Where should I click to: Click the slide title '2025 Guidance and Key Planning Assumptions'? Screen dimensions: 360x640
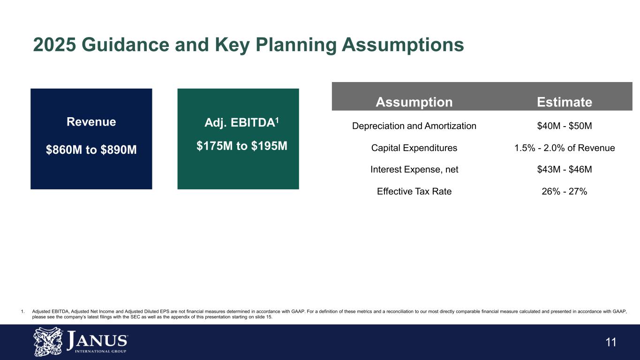click(x=248, y=45)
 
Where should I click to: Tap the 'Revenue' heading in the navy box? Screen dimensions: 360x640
click(x=91, y=122)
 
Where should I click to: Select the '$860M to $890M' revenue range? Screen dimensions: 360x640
click(x=91, y=150)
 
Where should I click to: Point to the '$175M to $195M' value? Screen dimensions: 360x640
click(x=241, y=146)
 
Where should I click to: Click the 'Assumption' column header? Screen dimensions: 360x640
click(x=414, y=102)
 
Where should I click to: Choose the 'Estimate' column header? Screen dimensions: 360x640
click(x=564, y=102)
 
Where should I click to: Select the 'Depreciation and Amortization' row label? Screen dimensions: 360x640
click(x=414, y=126)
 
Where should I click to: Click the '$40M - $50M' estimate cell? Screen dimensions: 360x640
click(x=564, y=126)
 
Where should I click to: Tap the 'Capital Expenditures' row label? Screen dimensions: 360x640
click(x=414, y=148)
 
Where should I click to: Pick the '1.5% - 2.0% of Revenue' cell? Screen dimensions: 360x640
click(x=564, y=148)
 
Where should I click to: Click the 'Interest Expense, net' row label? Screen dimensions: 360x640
click(x=414, y=170)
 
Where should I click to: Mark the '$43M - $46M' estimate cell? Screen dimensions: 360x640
click(x=564, y=170)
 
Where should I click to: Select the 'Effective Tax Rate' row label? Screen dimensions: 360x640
click(x=414, y=191)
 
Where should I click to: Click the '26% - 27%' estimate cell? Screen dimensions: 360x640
click(x=564, y=191)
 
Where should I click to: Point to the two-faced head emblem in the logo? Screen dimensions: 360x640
click(x=48, y=342)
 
